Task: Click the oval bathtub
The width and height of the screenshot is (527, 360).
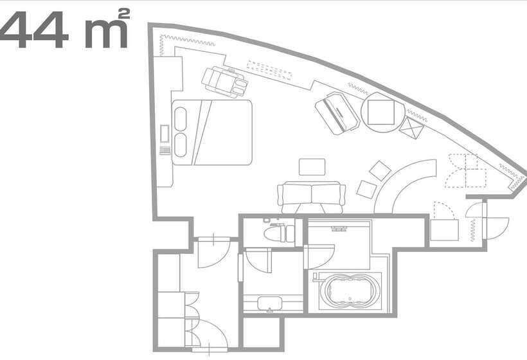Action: click(x=350, y=291)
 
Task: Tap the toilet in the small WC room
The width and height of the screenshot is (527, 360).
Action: click(x=279, y=233)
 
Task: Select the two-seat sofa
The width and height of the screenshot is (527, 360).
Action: click(x=311, y=197)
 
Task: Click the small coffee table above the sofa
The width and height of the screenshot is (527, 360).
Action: click(x=312, y=166)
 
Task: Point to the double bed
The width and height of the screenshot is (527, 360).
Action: click(x=212, y=132)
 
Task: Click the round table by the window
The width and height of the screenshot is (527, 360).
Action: click(x=383, y=112)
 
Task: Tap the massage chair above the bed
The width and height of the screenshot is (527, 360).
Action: click(x=224, y=82)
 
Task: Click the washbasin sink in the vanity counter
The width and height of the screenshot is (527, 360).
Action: click(x=270, y=303)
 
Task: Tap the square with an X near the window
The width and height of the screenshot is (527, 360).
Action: click(x=411, y=128)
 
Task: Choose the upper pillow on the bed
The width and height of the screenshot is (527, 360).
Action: click(x=181, y=119)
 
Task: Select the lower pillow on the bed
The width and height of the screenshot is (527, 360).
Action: click(x=181, y=145)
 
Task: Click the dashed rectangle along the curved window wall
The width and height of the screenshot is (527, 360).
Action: click(x=269, y=70)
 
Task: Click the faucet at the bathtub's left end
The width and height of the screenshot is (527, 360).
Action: click(x=316, y=277)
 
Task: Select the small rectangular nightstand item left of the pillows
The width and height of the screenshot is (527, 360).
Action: click(x=165, y=133)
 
